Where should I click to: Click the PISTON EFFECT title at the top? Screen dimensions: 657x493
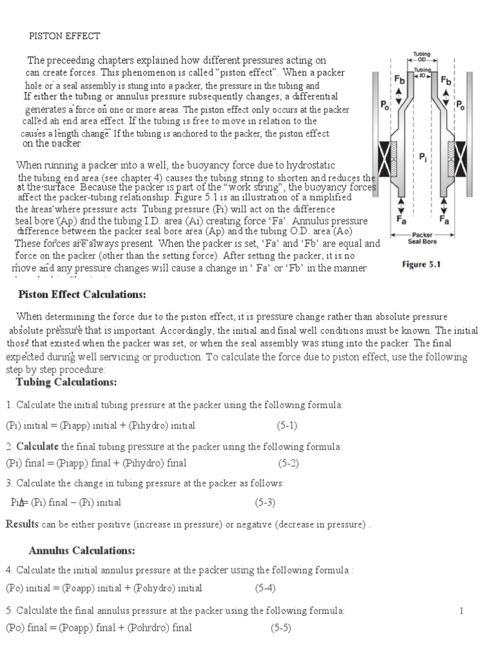(65, 36)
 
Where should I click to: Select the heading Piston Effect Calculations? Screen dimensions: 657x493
(82, 294)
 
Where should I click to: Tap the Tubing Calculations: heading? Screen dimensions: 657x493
(65, 382)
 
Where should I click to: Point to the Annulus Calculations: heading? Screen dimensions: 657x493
(82, 550)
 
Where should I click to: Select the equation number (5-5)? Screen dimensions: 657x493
(281, 627)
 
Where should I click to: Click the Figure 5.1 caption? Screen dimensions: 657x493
(422, 264)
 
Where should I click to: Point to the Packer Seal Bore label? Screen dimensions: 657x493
(422, 238)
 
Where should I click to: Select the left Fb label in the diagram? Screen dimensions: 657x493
(399, 80)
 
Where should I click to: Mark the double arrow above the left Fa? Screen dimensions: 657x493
(401, 205)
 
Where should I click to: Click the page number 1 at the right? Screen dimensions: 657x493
(461, 611)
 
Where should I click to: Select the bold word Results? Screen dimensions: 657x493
(22, 524)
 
